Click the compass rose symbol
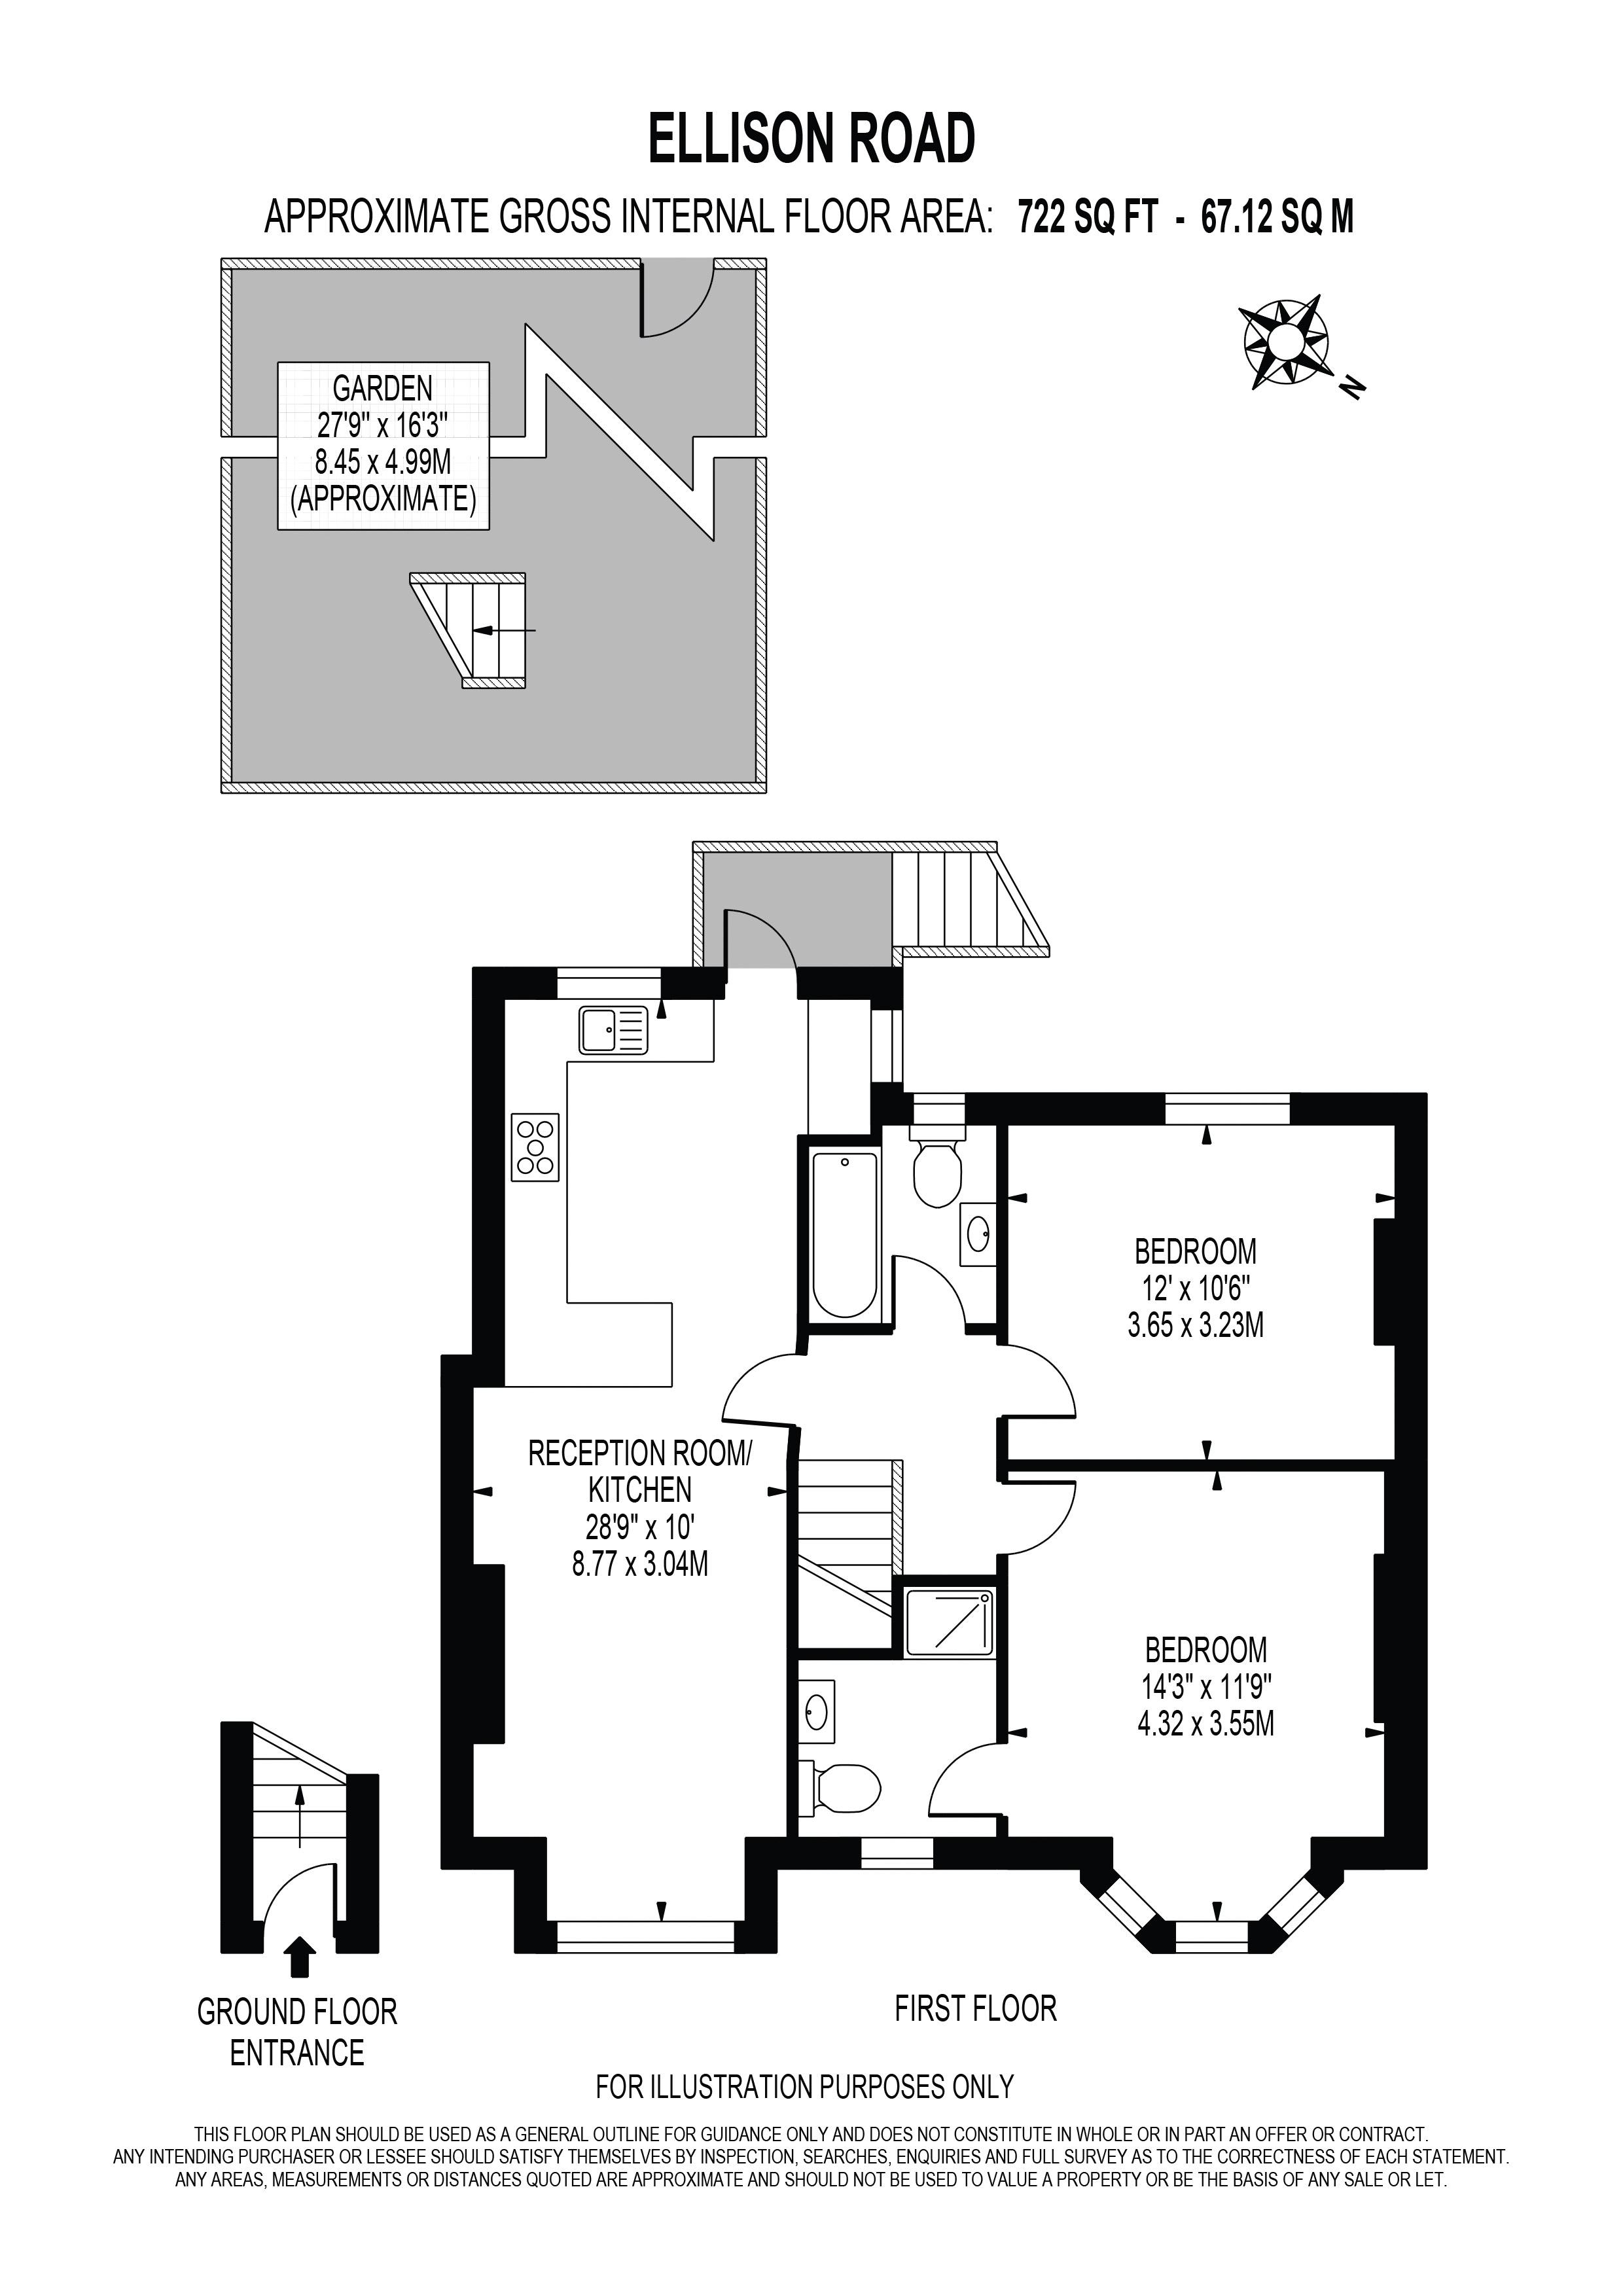1284,342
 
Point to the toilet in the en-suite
846,1787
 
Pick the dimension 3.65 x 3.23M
1195,1325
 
